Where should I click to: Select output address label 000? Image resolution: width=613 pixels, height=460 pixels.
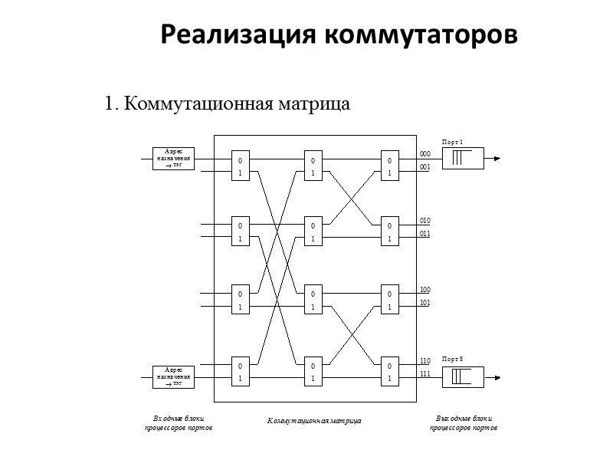425,153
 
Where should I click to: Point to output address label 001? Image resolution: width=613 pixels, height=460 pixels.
425,166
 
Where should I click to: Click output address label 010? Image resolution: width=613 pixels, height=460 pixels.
425,221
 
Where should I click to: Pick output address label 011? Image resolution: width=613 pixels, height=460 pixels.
425,234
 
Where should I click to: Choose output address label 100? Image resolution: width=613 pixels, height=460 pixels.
425,290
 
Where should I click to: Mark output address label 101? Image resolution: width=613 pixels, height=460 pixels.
425,303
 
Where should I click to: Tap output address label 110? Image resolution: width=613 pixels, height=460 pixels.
425,360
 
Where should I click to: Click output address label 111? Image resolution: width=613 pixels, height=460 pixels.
425,373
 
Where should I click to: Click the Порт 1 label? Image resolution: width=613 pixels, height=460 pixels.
453,142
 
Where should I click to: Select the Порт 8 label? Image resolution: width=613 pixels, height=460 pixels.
453,360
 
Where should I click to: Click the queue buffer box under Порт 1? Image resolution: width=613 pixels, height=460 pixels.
462,159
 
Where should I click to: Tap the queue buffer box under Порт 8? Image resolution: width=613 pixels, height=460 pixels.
462,377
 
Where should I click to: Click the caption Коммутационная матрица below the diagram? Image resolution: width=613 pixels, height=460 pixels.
314,421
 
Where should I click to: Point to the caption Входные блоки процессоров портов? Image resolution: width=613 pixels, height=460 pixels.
178,423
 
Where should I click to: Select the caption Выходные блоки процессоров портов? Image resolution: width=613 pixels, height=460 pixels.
464,423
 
